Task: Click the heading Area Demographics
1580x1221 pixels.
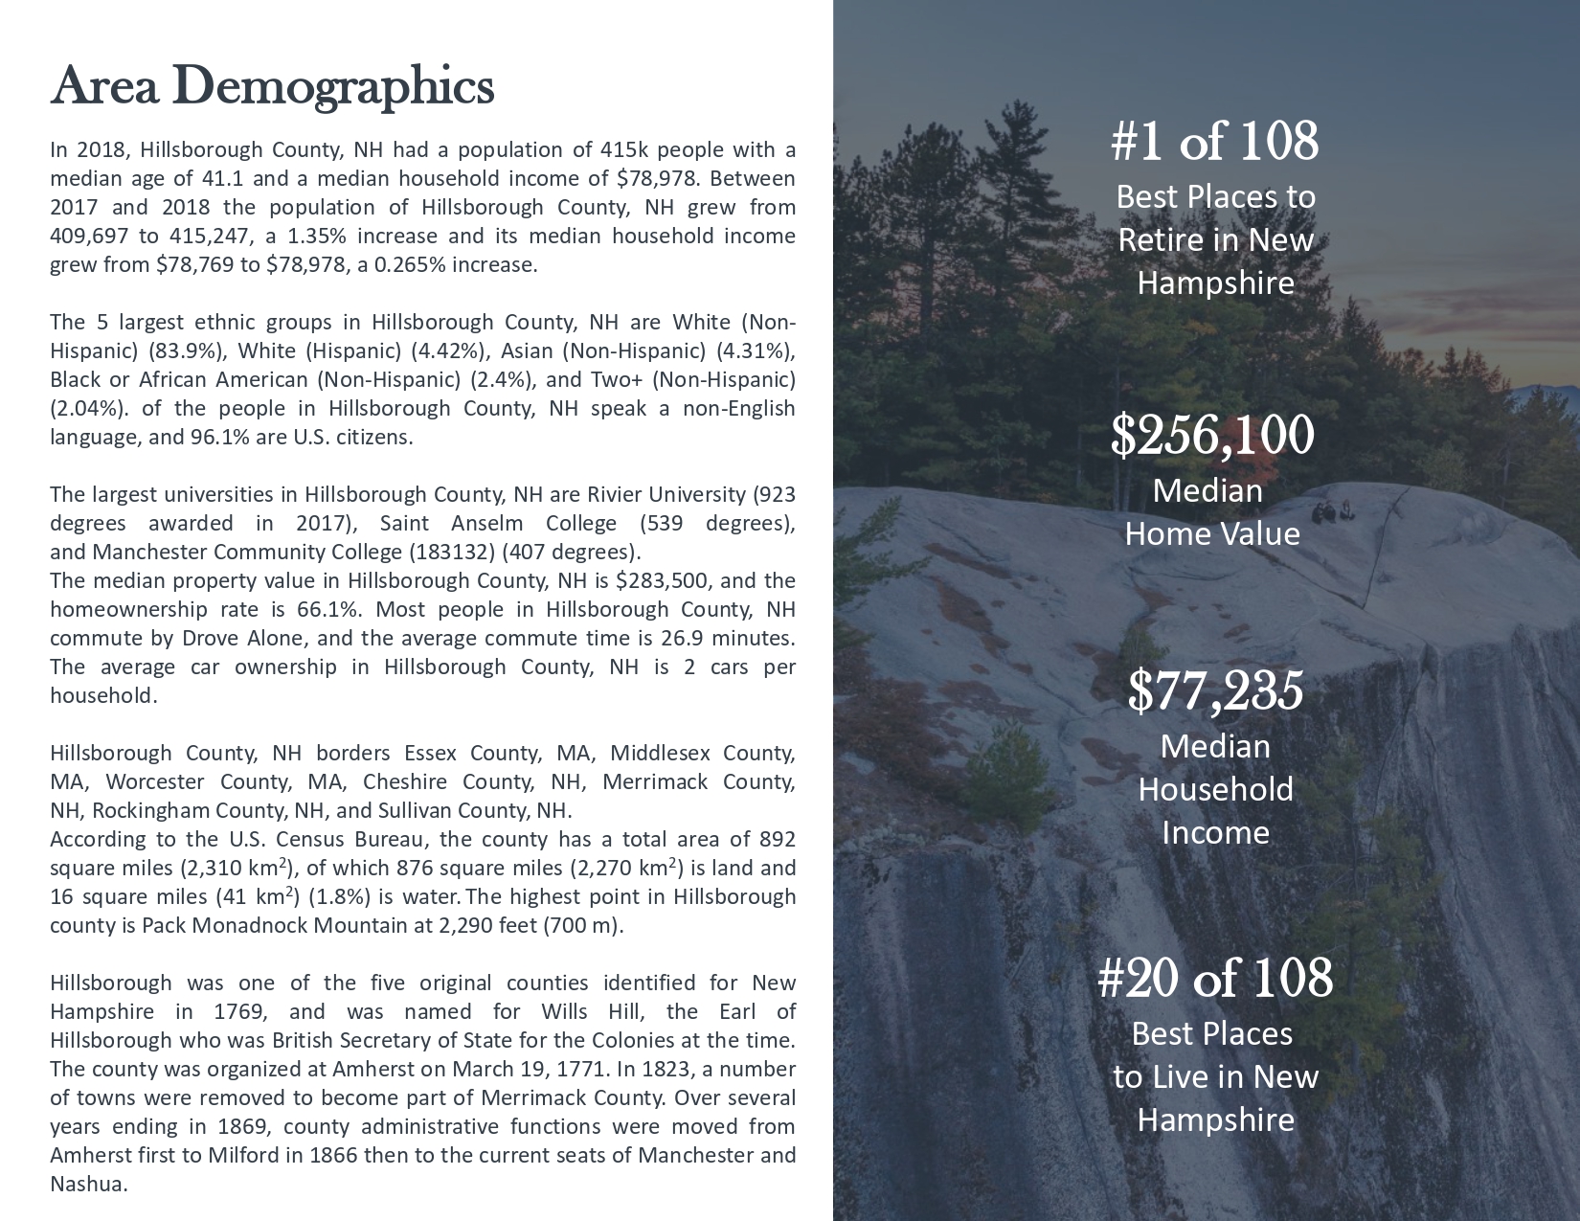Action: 272,87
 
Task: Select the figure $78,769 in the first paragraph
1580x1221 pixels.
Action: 195,265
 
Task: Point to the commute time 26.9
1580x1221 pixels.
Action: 666,639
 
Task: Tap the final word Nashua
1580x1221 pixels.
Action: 88,1185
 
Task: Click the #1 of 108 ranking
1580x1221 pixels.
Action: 1214,142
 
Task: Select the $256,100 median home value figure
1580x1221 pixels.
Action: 1212,436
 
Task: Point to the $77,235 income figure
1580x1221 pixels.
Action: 1215,690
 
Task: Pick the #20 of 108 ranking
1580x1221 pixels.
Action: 1214,979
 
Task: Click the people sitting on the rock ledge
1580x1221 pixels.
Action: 1332,512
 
